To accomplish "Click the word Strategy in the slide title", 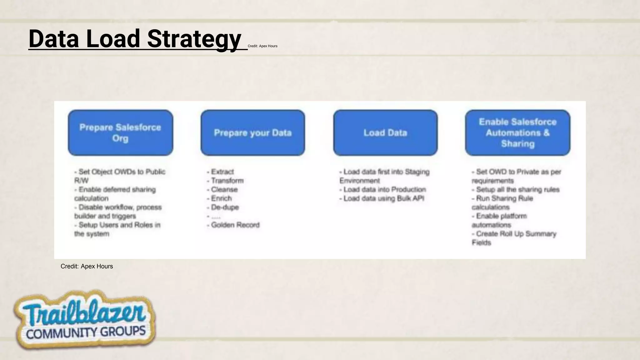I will point(194,39).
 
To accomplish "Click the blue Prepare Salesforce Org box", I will point(120,132).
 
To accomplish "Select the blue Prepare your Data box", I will point(252,132).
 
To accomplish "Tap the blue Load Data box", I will point(385,132).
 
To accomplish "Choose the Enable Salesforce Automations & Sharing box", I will point(517,132).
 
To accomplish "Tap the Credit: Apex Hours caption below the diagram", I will point(87,266).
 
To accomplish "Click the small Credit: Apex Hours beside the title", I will point(262,46).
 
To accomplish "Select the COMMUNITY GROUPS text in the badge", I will point(86,332).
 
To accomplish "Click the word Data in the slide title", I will point(54,39).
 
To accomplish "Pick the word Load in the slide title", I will point(113,39).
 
